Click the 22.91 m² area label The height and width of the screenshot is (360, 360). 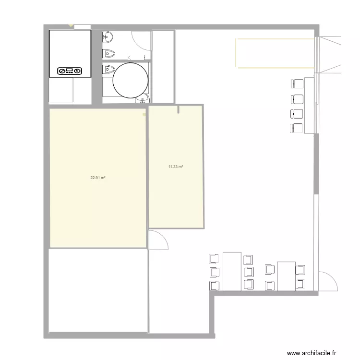[98, 178]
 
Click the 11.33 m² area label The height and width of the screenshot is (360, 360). [176, 167]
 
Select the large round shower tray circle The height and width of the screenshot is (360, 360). [130, 80]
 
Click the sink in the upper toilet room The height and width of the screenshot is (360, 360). [107, 36]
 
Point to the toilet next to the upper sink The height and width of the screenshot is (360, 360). [108, 53]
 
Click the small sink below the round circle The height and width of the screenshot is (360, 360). [143, 100]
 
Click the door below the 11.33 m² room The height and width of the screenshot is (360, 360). [157, 240]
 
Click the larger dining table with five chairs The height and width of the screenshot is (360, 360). [232, 271]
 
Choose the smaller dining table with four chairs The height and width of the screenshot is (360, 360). [286, 276]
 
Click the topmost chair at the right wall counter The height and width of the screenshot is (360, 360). [297, 84]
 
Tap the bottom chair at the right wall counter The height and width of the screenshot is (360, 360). [297, 128]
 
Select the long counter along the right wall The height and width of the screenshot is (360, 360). [309, 105]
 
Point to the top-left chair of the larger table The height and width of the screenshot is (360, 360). [214, 259]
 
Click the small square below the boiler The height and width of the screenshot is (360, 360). [60, 90]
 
